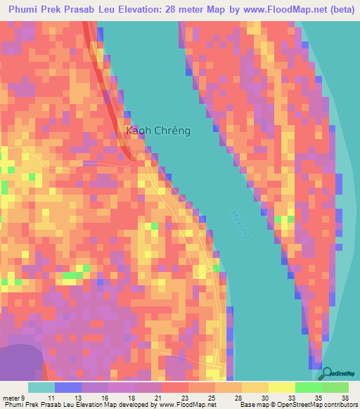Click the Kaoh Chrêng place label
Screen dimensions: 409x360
158,131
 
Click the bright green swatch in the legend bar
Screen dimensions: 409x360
309,387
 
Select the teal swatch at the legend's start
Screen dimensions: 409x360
41,387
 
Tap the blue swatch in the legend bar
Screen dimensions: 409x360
68,387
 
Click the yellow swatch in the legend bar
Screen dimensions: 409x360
282,387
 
